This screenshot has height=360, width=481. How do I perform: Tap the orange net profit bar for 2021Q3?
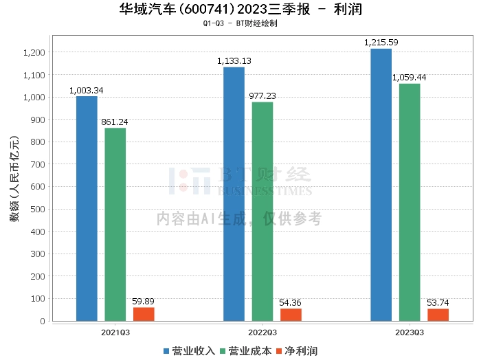click(x=144, y=314)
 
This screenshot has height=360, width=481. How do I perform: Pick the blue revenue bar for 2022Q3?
click(x=234, y=194)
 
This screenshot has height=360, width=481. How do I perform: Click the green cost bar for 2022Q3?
click(x=262, y=211)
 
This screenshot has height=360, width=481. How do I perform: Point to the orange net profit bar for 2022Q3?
click(x=291, y=315)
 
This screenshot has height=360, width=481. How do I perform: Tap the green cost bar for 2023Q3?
click(x=410, y=202)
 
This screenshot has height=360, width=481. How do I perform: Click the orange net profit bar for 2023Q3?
click(x=438, y=315)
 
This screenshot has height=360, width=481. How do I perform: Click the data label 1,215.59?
click(x=381, y=43)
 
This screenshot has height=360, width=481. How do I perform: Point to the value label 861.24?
click(x=115, y=122)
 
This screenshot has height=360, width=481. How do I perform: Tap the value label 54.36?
click(x=291, y=303)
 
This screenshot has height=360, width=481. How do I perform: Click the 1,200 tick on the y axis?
click(x=34, y=52)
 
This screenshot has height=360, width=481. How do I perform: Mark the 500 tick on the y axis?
click(x=38, y=209)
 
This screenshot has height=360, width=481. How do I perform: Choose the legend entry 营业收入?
click(x=189, y=350)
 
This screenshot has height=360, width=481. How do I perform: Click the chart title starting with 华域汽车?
click(x=240, y=10)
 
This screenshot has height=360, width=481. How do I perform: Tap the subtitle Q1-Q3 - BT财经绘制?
click(x=240, y=23)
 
